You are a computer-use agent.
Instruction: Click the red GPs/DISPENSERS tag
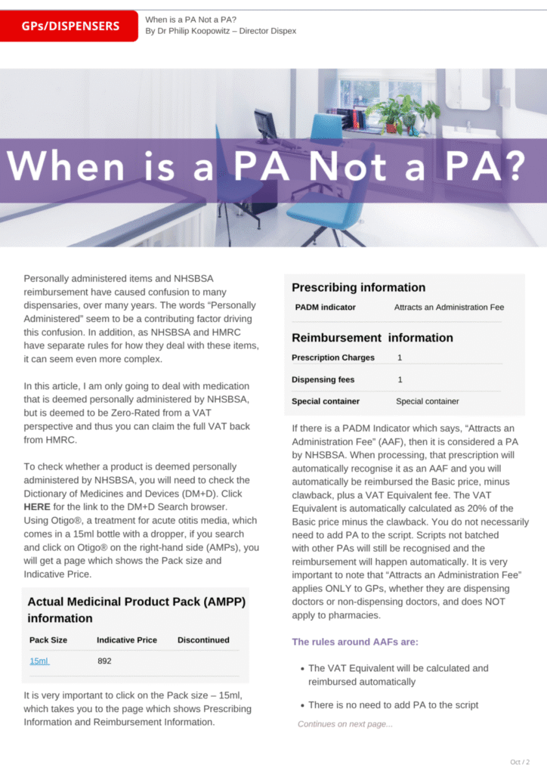70,26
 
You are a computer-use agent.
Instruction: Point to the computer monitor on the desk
266,124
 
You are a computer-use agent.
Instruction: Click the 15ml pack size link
39,661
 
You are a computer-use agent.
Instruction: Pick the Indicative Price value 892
105,661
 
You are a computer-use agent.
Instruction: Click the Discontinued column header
203,639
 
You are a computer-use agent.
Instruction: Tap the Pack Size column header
48,639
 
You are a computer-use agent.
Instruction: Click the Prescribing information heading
358,287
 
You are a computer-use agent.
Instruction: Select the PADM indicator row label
325,308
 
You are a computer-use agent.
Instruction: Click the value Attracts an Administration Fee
449,308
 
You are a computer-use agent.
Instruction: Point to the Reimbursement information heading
372,338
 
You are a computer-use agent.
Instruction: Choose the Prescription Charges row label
332,358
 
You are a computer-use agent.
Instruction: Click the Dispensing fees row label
323,379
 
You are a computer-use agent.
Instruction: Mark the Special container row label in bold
325,401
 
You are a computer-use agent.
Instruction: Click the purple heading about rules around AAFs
355,642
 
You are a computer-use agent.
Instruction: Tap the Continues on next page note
345,724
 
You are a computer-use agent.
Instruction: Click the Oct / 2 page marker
520,761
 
